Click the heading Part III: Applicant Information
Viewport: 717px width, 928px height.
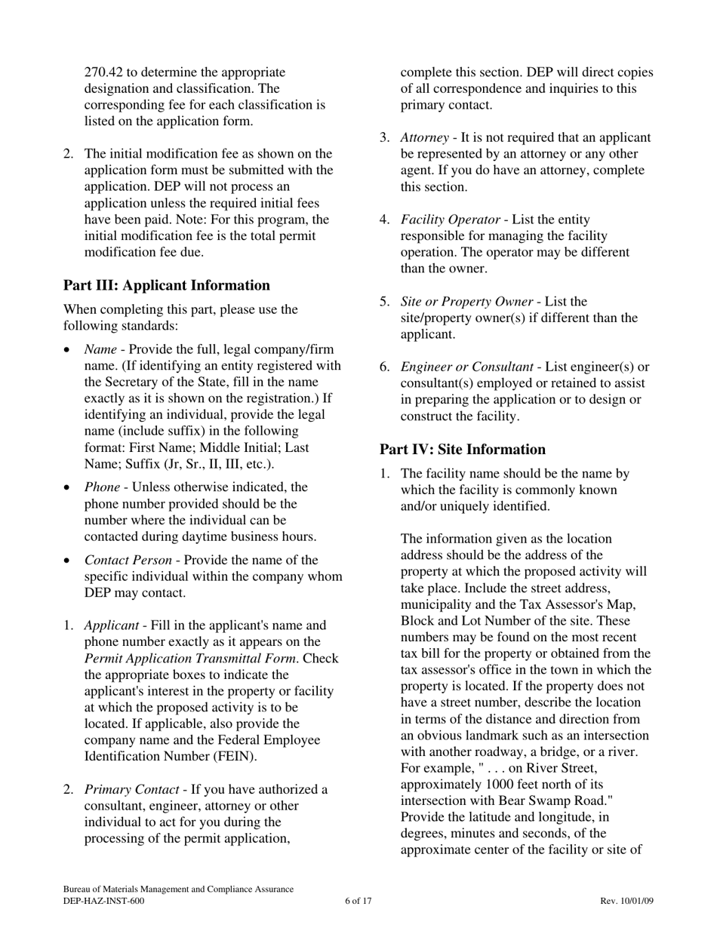166,285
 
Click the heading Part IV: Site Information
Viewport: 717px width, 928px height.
462,450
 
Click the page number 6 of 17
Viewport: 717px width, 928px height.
358,901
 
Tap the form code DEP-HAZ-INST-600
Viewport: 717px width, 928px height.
103,901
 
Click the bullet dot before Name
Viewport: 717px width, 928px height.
69,350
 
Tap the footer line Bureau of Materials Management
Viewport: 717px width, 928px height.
178,890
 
